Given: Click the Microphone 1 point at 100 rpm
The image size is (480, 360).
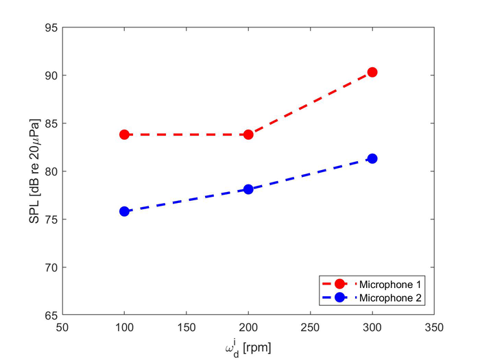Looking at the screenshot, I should [124, 134].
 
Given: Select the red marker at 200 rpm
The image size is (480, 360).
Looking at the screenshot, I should [248, 134].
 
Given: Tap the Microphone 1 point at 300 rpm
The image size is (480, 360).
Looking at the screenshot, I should [372, 72].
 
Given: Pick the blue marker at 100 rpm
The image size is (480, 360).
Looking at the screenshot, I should [124, 211].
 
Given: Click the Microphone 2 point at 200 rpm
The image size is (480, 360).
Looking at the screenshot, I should [248, 189].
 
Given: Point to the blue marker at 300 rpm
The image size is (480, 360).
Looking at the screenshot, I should [372, 158].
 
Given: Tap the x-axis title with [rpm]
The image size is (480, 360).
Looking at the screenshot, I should [248, 347].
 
